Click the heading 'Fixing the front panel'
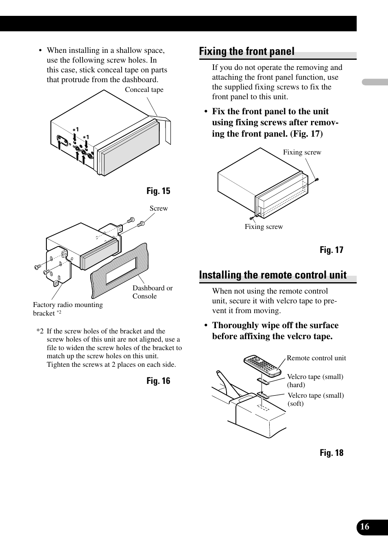pyautogui.click(x=246, y=52)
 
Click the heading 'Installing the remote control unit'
pyautogui.click(x=272, y=275)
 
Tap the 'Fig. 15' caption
pyautogui.click(x=158, y=191)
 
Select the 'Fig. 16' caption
pyautogui.click(x=158, y=381)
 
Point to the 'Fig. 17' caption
pyautogui.click(x=331, y=250)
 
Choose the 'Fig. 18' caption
pyautogui.click(x=331, y=453)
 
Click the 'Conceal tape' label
pyautogui.click(x=144, y=90)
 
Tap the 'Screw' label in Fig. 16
pyautogui.click(x=159, y=209)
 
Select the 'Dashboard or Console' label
pyautogui.click(x=152, y=292)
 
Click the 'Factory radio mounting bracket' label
pyautogui.click(x=68, y=309)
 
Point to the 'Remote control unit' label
pyautogui.click(x=316, y=358)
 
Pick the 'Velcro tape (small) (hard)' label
pyautogui.click(x=315, y=381)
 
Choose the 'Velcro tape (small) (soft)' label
pyautogui.click(x=316, y=399)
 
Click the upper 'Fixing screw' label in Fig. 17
pyautogui.click(x=302, y=152)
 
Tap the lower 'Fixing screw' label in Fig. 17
pyautogui.click(x=264, y=227)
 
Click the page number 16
pyautogui.click(x=365, y=527)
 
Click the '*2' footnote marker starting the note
pyautogui.click(x=40, y=331)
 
